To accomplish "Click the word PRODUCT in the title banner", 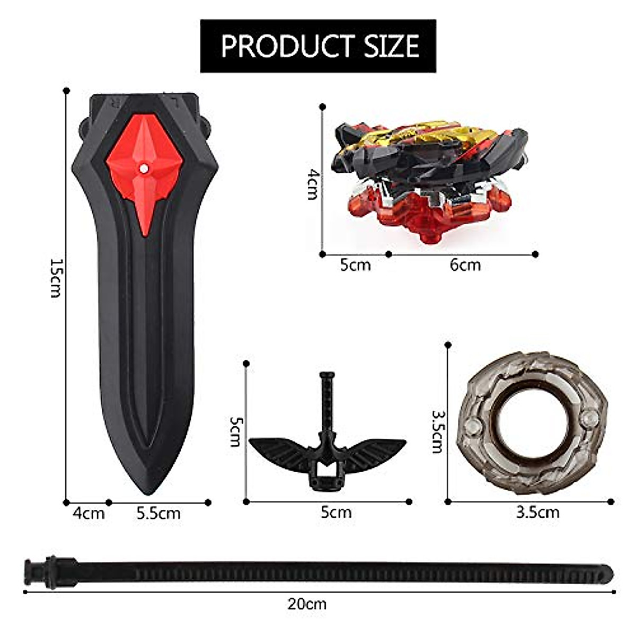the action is [x=286, y=46].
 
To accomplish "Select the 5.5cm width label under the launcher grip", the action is [x=158, y=514].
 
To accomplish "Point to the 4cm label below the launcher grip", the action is [x=89, y=514].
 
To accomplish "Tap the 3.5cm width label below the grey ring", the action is [x=537, y=513].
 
